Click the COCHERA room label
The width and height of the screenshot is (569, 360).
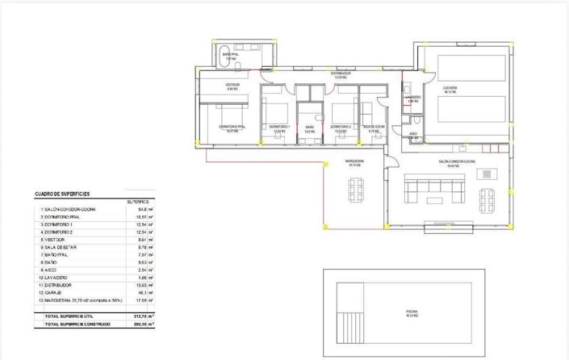click(450, 89)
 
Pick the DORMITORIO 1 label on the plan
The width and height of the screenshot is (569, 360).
click(279, 127)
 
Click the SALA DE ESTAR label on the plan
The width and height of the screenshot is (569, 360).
click(374, 127)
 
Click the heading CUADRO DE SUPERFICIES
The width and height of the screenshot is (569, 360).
click(62, 195)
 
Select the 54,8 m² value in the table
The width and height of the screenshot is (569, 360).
click(146, 209)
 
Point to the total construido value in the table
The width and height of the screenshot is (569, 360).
click(146, 323)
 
